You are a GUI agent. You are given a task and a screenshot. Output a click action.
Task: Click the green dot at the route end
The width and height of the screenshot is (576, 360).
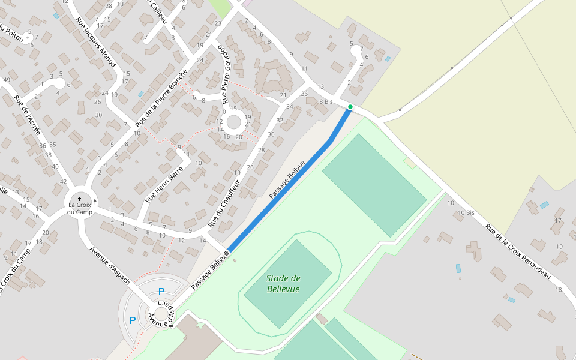coord(350,107)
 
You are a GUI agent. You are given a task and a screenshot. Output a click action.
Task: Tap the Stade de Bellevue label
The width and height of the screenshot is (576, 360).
coord(283,284)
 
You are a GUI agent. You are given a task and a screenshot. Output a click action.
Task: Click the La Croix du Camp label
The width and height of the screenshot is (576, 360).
coord(79,208)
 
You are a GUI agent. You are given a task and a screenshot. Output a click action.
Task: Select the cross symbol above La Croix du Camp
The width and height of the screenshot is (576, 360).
coord(79,198)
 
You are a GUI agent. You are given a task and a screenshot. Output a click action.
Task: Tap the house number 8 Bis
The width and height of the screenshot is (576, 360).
coord(326,101)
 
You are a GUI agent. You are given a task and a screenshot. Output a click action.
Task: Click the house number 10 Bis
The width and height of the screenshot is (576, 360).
coord(466,213)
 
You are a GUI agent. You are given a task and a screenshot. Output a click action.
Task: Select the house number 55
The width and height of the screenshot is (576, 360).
coord(53,145)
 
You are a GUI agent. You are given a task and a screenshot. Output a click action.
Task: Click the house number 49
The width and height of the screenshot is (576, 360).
coord(7,80)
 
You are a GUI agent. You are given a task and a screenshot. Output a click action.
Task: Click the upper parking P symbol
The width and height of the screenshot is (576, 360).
coord(161,292)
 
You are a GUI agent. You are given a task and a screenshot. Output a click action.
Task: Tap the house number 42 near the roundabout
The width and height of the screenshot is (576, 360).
coord(63,181)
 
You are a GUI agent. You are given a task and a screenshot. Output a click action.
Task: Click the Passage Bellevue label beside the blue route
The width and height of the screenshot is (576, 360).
coord(287,179)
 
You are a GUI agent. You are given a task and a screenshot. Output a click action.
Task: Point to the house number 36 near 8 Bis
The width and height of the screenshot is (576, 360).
coord(304,94)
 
